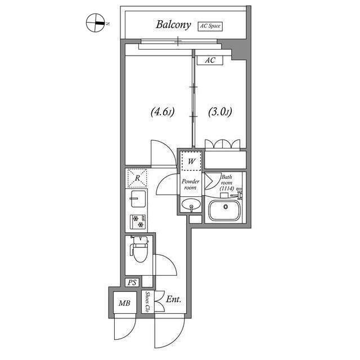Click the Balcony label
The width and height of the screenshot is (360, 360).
click(173, 25)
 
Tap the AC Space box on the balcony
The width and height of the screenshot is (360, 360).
click(210, 26)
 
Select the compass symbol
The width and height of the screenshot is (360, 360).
click(96, 22)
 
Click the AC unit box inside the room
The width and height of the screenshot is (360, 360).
click(210, 60)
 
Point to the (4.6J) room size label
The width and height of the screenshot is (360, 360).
click(163, 112)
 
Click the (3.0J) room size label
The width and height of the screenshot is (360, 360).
click(220, 112)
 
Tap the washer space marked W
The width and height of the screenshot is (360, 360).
click(191, 161)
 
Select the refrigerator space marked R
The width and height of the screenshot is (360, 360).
click(137, 178)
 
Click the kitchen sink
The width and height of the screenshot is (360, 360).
click(138, 199)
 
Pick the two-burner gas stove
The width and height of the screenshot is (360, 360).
click(138, 222)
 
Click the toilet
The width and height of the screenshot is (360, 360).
click(139, 249)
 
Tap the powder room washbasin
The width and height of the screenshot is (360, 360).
click(191, 204)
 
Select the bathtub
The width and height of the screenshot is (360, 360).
click(224, 210)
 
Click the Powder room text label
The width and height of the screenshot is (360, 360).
click(190, 184)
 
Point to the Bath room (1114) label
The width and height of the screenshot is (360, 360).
click(227, 183)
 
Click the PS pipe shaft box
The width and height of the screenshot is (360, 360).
click(132, 282)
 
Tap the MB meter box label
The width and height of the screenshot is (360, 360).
click(124, 303)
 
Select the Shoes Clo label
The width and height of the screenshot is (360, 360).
click(147, 302)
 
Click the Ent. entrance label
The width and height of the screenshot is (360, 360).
click(174, 299)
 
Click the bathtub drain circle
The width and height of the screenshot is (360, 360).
click(226, 206)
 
